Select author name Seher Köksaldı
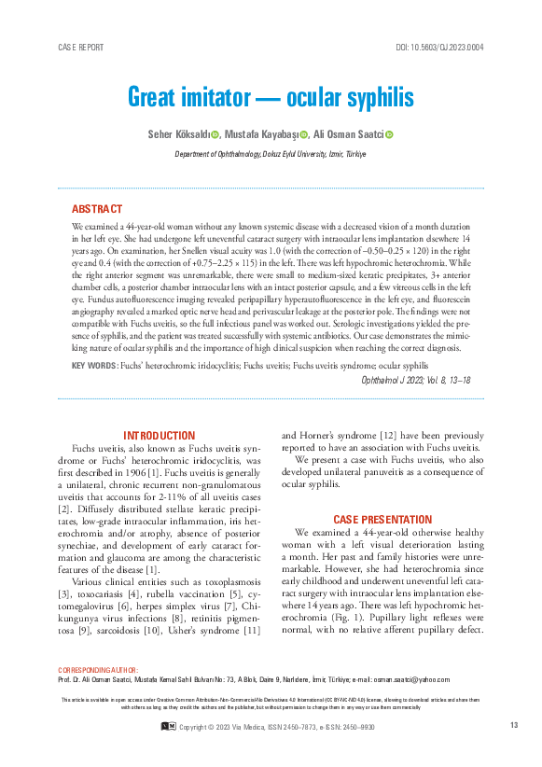[x=177, y=135]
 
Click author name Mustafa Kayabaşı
[x=265, y=135]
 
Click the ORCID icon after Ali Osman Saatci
[x=389, y=135]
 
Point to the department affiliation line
[x=271, y=154]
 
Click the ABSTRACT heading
[x=97, y=209]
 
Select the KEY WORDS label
[x=94, y=365]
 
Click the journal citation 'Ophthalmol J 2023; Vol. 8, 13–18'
[x=415, y=380]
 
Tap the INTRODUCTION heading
[x=160, y=436]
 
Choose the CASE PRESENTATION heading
[x=382, y=519]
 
